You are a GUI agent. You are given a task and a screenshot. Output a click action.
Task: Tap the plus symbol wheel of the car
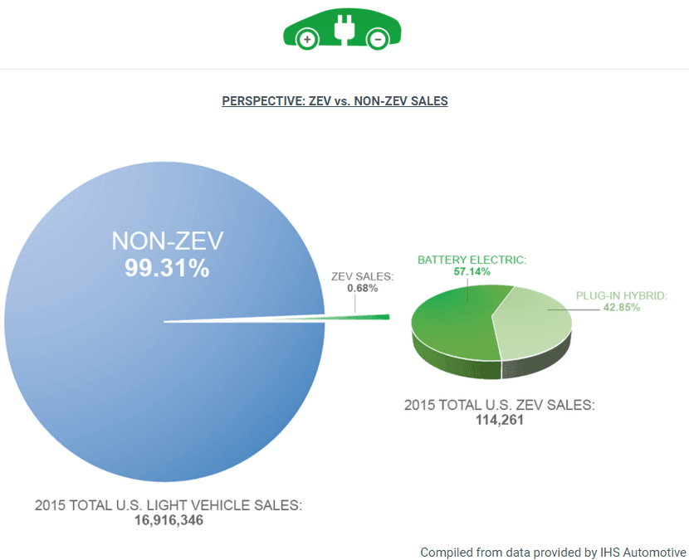(x=307, y=39)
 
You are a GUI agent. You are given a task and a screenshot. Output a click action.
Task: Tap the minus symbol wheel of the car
(x=378, y=39)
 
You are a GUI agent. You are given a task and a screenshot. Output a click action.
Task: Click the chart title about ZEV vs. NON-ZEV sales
(x=335, y=101)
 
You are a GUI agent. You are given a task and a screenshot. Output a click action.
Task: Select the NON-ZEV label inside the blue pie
(x=168, y=241)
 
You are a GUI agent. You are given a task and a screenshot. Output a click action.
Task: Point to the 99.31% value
(x=168, y=268)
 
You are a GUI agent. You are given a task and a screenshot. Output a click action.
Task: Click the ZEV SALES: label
(x=362, y=276)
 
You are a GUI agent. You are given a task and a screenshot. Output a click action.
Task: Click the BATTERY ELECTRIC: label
(x=472, y=260)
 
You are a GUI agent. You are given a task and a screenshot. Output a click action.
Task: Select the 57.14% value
(x=472, y=271)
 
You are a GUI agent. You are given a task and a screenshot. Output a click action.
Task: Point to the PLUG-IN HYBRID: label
(x=622, y=295)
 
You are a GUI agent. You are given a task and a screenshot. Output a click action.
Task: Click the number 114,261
(x=499, y=420)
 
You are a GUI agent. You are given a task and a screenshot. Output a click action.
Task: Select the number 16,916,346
(x=169, y=520)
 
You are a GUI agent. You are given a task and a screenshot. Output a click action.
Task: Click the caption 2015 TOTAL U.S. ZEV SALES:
(x=500, y=406)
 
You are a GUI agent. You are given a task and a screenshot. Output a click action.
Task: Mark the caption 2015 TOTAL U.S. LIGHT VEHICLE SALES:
(x=169, y=505)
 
